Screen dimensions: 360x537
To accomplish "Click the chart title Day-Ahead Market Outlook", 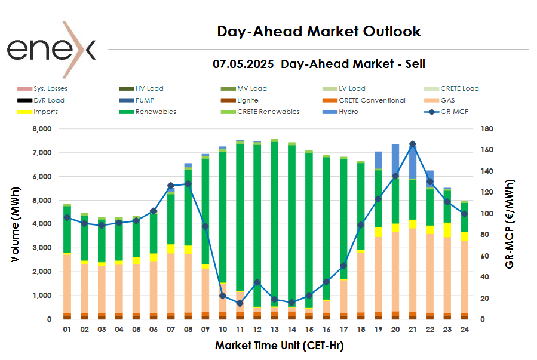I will tap(318, 32).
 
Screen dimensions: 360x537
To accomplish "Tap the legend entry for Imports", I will tap(45, 112).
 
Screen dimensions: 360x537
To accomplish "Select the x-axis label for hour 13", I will tap(274, 329).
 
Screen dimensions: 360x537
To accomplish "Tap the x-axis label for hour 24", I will tap(464, 329).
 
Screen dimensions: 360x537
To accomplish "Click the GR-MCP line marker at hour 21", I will tap(413, 144).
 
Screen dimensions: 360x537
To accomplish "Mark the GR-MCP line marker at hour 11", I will tap(240, 303).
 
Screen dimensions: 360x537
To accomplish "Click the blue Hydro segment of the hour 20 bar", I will tap(395, 158).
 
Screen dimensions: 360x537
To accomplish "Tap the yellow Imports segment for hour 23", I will tap(447, 230).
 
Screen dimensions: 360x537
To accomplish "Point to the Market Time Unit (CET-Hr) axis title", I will tap(279, 345).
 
